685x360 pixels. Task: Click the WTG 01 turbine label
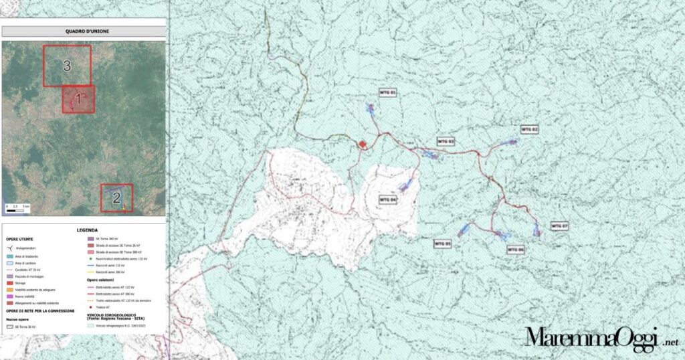point(389,92)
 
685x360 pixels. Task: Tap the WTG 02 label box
point(529,129)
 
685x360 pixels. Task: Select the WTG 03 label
point(446,141)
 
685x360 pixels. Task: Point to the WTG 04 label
point(388,199)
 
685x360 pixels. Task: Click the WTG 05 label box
point(442,244)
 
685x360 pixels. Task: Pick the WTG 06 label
point(516,250)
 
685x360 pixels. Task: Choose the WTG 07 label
point(559,226)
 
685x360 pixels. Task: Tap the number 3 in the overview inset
point(67,65)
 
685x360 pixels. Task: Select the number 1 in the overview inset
point(78,99)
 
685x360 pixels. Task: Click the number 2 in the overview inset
point(116,197)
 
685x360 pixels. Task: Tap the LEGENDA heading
point(88,230)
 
